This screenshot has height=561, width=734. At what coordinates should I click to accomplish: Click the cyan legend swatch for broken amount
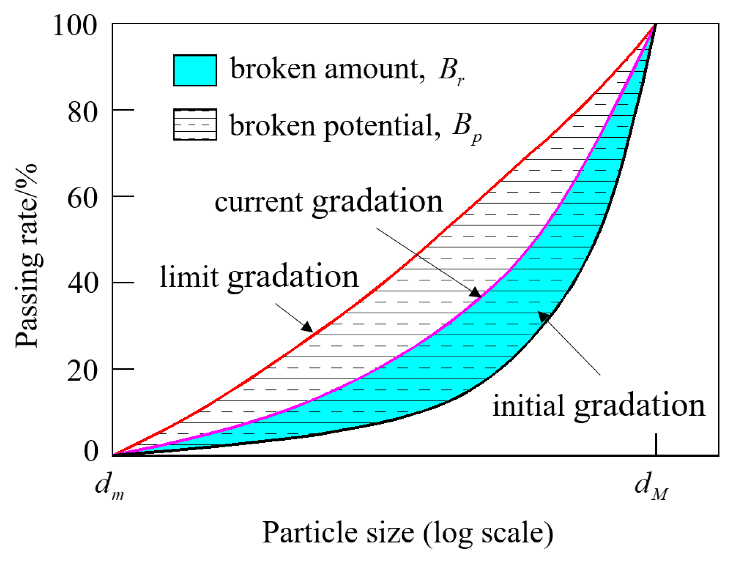[x=195, y=70]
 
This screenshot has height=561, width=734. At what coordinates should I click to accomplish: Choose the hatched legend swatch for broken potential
[x=195, y=125]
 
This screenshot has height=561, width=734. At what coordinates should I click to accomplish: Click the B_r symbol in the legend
[x=451, y=70]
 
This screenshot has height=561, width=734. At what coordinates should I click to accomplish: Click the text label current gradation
[x=329, y=202]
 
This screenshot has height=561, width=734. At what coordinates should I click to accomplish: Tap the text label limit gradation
[x=259, y=277]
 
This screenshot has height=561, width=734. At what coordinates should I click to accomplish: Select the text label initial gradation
[x=598, y=406]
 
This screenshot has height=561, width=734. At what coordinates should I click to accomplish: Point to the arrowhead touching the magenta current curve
[x=476, y=292]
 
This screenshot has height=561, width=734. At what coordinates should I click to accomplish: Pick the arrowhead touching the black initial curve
[x=544, y=316]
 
